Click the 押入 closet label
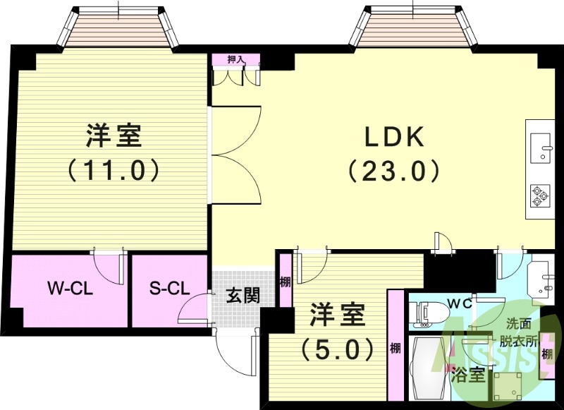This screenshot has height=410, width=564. coord(235,60)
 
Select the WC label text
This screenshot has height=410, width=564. coord(462,304)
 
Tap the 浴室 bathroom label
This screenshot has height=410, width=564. coord(468,375)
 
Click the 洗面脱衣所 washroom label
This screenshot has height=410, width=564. coord(522,332)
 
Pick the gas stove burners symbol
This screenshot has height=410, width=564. coord(541,195)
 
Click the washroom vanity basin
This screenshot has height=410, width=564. coord(539,277)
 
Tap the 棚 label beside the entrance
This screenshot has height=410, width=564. coord(285,282)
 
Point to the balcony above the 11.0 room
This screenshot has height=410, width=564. coord(119,28)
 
